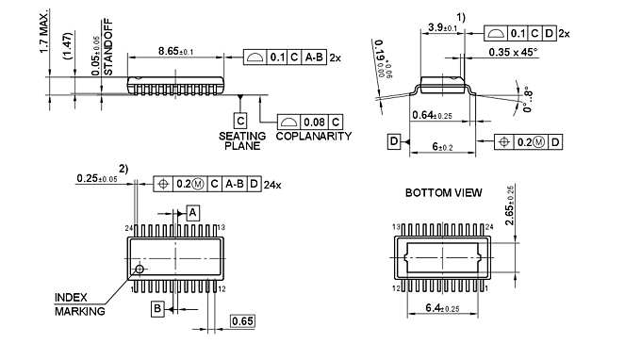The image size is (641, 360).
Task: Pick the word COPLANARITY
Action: [x=314, y=136]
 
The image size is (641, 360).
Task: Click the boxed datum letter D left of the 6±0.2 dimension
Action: [x=393, y=141]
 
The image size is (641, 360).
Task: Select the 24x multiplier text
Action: [x=273, y=184]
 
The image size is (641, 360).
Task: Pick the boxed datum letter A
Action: [x=192, y=214]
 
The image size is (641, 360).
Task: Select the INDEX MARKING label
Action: [x=79, y=303]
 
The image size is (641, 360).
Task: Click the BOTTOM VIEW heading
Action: [x=443, y=193]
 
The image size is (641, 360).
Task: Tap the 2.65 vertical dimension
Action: [x=509, y=209]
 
